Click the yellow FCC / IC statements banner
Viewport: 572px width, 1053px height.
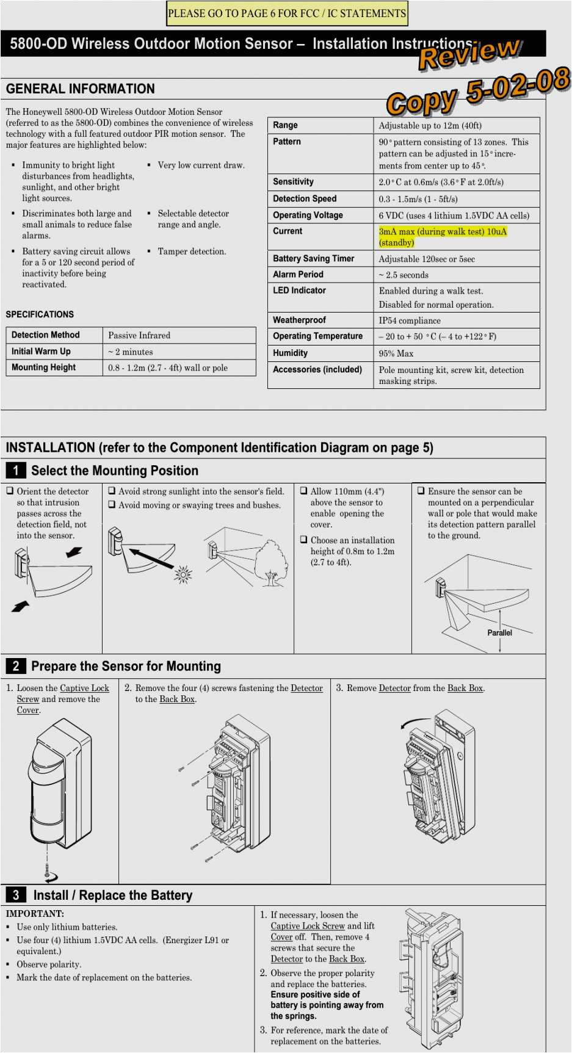(x=287, y=13)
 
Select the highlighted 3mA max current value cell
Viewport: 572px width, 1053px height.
(x=443, y=237)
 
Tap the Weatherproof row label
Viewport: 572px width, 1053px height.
(x=299, y=320)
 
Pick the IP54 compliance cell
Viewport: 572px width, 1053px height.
(x=409, y=320)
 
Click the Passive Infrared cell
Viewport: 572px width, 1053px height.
(x=139, y=335)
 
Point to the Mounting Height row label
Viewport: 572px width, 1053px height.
(x=43, y=367)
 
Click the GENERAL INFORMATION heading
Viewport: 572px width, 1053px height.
(x=80, y=89)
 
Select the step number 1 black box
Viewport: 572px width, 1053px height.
(x=15, y=470)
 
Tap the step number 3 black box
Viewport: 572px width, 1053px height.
(x=15, y=895)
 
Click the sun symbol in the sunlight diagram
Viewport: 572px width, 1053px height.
(x=183, y=574)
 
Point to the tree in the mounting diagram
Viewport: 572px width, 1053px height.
(x=270, y=563)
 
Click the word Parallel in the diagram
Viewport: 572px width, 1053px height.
(x=499, y=633)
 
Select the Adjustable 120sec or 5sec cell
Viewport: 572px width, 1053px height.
(x=426, y=259)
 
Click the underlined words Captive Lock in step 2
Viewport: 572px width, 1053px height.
(x=84, y=688)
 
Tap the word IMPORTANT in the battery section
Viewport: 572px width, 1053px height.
(x=35, y=914)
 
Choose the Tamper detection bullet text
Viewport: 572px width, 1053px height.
(x=192, y=251)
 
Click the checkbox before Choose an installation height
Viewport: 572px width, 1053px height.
(x=303, y=540)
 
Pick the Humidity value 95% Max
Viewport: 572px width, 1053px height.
(x=396, y=353)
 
